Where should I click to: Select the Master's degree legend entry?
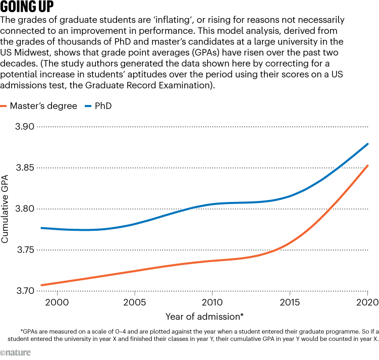pyautogui.click(x=43, y=106)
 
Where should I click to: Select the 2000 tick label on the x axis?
pyautogui.click(x=57, y=302)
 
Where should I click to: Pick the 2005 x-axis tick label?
pyautogui.click(x=135, y=302)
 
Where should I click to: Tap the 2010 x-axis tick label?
pyautogui.click(x=212, y=302)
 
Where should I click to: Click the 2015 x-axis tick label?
pyautogui.click(x=290, y=302)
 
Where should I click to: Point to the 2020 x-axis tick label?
pyautogui.click(x=367, y=302)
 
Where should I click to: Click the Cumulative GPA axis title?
pyautogui.click(x=5, y=209)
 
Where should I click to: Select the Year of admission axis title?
pyautogui.click(x=204, y=317)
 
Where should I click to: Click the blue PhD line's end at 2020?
pyautogui.click(x=367, y=144)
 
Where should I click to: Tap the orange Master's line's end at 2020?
pyautogui.click(x=367, y=166)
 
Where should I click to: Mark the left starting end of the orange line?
pyautogui.click(x=42, y=285)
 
